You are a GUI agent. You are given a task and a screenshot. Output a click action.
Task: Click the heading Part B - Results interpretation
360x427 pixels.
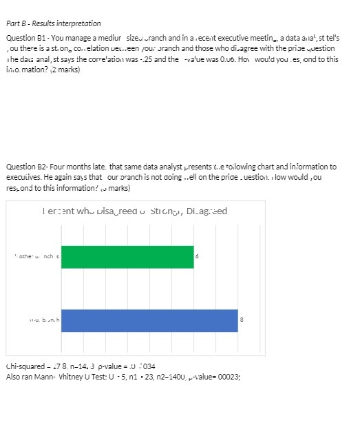[x=53, y=23]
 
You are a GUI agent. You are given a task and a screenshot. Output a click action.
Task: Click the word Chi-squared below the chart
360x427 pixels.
[x=23, y=367]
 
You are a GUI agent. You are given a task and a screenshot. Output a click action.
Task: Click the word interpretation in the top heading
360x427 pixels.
[x=81, y=23]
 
